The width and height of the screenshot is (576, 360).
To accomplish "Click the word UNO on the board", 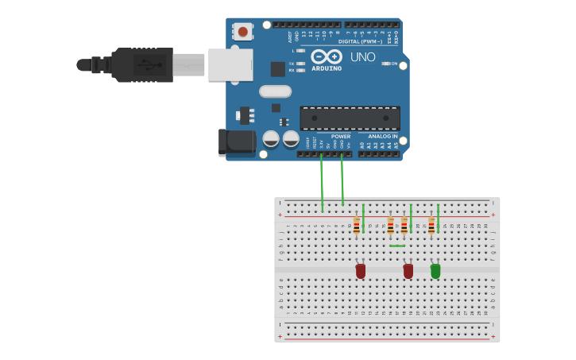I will pyautogui.click(x=363, y=57).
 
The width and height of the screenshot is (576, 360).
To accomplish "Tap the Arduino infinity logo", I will pyautogui.click(x=327, y=57).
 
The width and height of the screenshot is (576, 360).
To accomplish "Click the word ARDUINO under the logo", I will pyautogui.click(x=327, y=68).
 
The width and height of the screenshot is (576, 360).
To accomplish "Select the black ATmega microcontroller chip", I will pyautogui.click(x=350, y=118).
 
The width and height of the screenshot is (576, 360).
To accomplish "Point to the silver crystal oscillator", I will pyautogui.click(x=275, y=91).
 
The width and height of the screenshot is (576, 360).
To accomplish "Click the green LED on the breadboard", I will pyautogui.click(x=435, y=271).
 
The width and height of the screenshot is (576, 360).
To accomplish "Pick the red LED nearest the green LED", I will pyautogui.click(x=408, y=271).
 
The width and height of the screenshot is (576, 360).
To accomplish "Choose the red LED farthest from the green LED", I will pyautogui.click(x=361, y=271).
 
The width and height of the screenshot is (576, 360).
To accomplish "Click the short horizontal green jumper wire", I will pyautogui.click(x=397, y=246).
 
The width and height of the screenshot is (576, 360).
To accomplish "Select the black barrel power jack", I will pyautogui.click(x=237, y=142).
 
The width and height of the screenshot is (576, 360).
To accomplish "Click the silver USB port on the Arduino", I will pyautogui.click(x=230, y=64).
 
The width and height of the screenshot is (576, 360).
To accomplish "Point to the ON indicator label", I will pyautogui.click(x=393, y=64).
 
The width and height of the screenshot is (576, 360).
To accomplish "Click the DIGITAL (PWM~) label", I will pyautogui.click(x=360, y=41).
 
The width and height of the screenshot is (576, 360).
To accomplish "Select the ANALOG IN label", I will pyautogui.click(x=383, y=136).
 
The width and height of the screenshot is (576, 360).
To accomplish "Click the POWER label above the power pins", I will pyautogui.click(x=341, y=136).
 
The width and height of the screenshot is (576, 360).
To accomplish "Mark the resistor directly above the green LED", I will pyautogui.click(x=431, y=226).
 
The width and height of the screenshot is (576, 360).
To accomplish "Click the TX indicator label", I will pyautogui.click(x=292, y=64).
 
